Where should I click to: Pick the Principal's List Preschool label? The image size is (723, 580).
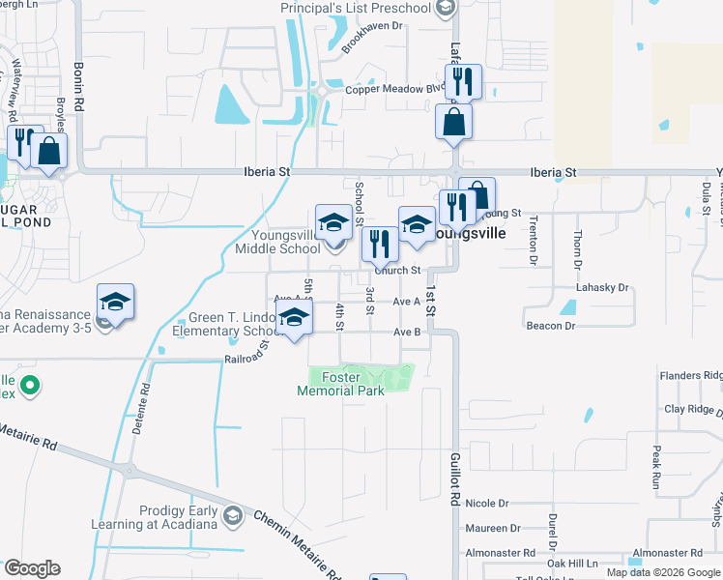click(x=356, y=9)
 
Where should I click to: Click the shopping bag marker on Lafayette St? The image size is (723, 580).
click(x=453, y=123)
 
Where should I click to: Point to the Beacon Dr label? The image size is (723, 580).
click(x=551, y=326)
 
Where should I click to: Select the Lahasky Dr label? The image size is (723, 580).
click(x=602, y=288)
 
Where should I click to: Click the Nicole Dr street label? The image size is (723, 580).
click(x=486, y=504)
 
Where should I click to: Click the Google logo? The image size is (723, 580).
click(x=32, y=568)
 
